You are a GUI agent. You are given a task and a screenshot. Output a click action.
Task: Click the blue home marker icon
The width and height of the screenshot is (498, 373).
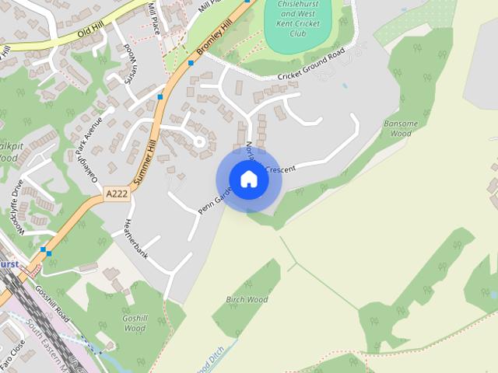[248, 180]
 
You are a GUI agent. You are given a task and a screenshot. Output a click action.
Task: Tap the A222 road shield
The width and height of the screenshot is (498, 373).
[116, 193]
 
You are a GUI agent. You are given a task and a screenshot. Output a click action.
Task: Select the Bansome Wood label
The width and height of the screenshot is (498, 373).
[401, 128]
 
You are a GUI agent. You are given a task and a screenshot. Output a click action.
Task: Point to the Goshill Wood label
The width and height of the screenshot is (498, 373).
[135, 323]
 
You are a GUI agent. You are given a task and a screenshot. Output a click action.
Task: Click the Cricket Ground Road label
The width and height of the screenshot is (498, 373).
[310, 67]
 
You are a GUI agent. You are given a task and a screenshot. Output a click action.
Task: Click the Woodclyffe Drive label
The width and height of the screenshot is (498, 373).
[16, 206]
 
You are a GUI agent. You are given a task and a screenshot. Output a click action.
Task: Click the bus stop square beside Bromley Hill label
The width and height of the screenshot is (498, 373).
[191, 62]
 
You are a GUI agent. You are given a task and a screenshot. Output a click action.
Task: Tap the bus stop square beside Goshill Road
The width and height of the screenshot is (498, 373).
[48, 252]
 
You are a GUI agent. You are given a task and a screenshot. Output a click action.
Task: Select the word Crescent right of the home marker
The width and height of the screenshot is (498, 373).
[280, 169]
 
